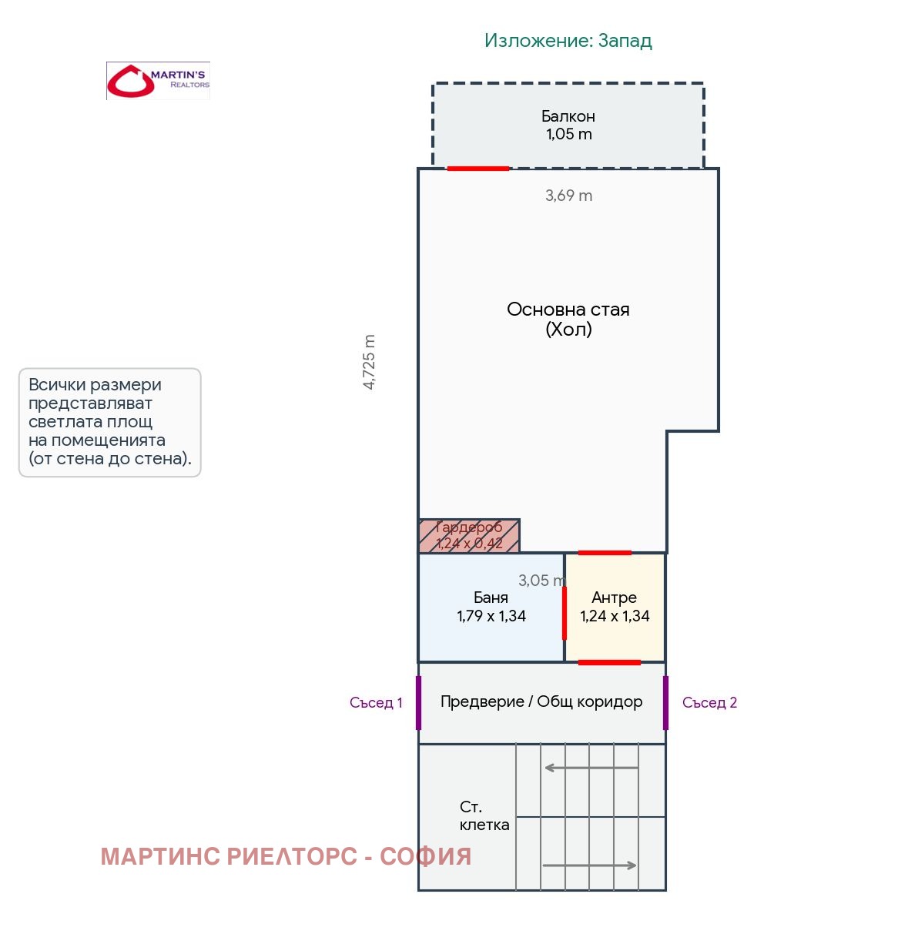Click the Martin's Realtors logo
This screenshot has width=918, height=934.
pos(158,81)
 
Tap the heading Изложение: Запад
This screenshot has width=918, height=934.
pos(568,41)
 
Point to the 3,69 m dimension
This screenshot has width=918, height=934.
pos(568,196)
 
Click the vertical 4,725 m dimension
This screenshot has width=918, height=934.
pos(369,362)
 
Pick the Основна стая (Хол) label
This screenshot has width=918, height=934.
pos(568,319)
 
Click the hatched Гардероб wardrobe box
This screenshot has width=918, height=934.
pos(469,536)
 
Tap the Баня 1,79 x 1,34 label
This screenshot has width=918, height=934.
pos(491,606)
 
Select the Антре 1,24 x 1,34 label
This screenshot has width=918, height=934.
pos(615,606)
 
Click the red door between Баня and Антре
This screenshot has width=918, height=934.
pos(564,613)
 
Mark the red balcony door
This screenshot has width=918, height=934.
pos(478,169)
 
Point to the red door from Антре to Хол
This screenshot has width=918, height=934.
pos(605,553)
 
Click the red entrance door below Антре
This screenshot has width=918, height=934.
pos(609,662)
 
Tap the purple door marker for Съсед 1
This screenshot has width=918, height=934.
pos(418,703)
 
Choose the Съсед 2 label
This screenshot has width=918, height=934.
pos(709,703)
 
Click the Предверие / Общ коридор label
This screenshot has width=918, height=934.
pos(541,701)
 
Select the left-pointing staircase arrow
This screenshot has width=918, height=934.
pos(591,768)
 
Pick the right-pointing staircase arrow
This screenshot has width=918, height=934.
pos(589,865)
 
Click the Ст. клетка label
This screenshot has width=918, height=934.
pos(484,815)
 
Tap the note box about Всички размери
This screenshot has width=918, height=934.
pos(109,422)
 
